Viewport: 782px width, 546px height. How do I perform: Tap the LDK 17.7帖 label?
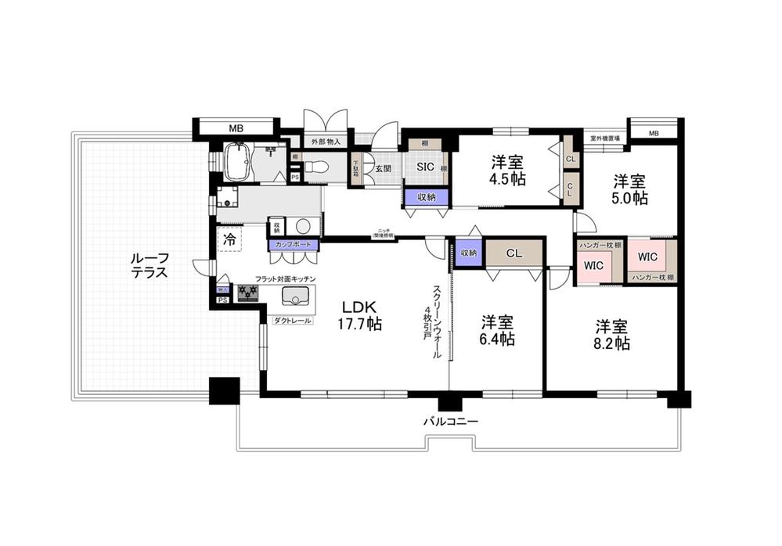click(359, 314)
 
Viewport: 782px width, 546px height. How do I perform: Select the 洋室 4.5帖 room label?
click(508, 170)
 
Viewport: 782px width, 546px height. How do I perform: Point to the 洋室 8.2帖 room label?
click(611, 334)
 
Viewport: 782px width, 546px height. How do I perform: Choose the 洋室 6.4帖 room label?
click(497, 330)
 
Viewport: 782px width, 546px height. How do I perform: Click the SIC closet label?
click(425, 166)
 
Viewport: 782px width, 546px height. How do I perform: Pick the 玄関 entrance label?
click(382, 167)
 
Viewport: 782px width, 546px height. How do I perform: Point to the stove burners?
click(249, 293)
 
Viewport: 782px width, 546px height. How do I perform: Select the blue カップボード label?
click(294, 245)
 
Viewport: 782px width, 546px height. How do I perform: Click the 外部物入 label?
click(326, 142)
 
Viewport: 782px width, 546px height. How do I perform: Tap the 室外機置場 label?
click(604, 138)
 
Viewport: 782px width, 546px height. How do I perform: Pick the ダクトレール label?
click(293, 321)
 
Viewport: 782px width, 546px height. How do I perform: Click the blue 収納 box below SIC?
click(427, 196)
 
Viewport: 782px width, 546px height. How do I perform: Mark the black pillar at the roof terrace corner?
click(224, 390)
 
